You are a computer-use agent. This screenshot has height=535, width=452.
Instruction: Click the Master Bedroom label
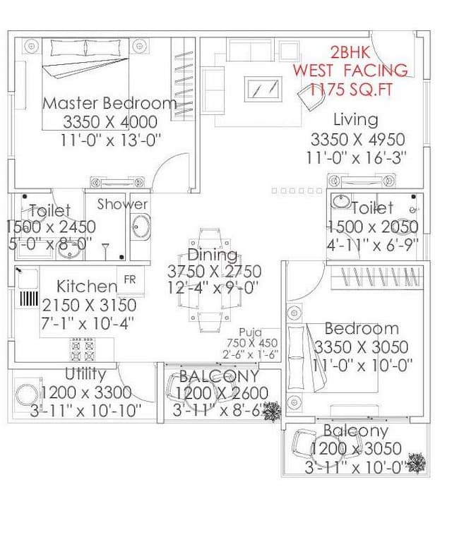[109, 103]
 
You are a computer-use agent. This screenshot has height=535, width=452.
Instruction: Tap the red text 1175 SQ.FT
[349, 88]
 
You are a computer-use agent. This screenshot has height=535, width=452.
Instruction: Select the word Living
[355, 119]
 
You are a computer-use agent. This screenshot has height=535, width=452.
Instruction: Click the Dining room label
[212, 255]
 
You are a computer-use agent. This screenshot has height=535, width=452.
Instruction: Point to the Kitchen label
[87, 287]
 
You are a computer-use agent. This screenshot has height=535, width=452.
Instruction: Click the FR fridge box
[130, 279]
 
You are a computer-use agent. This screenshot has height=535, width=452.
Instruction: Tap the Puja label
[250, 332]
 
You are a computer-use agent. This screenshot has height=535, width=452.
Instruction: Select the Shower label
[122, 205]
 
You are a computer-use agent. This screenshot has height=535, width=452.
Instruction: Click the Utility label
[85, 373]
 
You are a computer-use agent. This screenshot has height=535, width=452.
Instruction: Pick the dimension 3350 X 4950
[357, 139]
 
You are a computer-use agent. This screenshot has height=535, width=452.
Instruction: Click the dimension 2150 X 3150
[89, 306]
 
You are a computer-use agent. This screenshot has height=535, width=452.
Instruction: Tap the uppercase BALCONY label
[219, 376]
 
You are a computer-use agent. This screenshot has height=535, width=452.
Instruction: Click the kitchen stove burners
[82, 348]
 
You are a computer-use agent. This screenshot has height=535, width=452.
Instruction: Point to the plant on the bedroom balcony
[417, 463]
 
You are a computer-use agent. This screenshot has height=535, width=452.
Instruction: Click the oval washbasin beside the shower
[140, 227]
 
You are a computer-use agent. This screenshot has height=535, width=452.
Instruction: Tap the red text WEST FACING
[350, 70]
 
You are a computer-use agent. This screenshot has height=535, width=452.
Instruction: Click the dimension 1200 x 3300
[86, 392]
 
